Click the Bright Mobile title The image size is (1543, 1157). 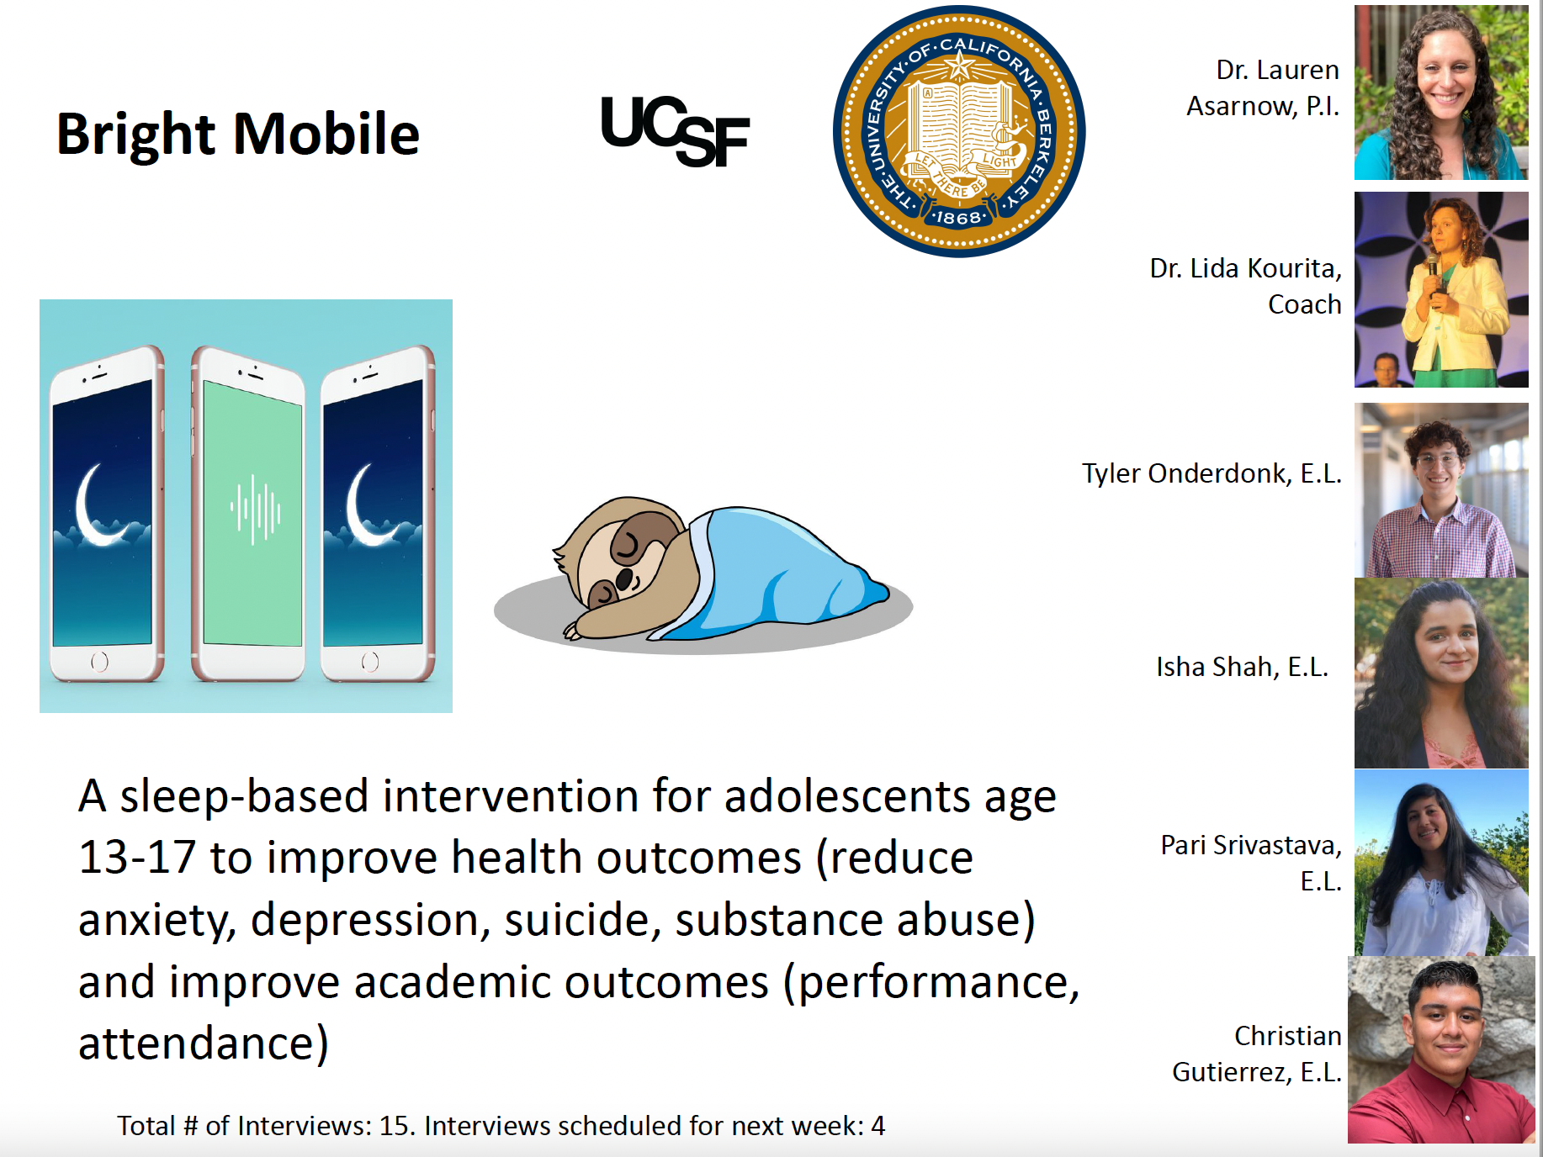pos(237,135)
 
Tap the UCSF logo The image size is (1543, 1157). pos(675,131)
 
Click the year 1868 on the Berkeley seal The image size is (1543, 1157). pos(959,218)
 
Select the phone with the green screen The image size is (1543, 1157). pos(249,513)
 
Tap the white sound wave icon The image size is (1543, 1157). pos(255,510)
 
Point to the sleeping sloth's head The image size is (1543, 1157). pos(618,551)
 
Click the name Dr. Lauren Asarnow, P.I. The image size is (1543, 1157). pos(1262,87)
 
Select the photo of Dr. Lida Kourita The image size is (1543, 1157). pos(1440,289)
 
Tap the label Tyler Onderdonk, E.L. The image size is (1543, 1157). pos(1211,473)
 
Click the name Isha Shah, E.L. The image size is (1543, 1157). pos(1241,667)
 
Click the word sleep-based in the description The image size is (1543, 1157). pos(244,796)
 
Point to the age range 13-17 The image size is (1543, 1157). pos(136,858)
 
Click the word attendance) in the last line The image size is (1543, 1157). pos(203,1043)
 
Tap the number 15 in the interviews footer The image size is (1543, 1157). pos(395,1126)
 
